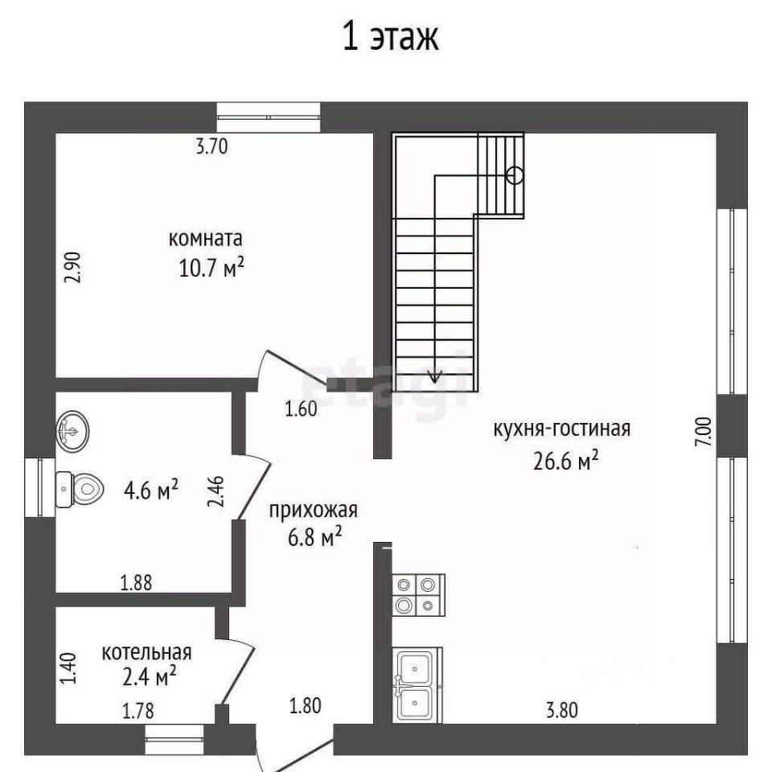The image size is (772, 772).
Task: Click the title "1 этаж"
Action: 390,36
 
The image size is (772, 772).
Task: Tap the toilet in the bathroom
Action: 80,490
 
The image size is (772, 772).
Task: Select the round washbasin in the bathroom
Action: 72,430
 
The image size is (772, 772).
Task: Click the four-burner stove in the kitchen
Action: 418,595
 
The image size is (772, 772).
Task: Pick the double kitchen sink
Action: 417,685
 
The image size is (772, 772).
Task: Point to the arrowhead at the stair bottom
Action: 434,376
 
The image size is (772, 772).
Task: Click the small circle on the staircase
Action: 515,175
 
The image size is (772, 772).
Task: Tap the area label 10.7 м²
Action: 211,268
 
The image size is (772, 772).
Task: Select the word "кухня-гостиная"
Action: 562,429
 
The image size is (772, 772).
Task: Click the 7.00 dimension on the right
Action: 704,432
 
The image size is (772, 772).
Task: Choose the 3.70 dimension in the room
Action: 211,146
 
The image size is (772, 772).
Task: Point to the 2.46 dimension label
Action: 216,491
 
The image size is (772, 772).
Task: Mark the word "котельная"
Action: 146,652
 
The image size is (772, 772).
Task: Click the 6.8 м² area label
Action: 315,536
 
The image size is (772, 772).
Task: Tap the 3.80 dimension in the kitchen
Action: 562,710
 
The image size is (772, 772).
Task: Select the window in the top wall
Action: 269,117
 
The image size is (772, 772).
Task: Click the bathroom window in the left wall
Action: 40,487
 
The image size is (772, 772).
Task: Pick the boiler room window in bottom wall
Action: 175,739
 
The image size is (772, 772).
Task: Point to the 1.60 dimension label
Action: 301,409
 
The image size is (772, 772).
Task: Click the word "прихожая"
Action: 313,510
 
